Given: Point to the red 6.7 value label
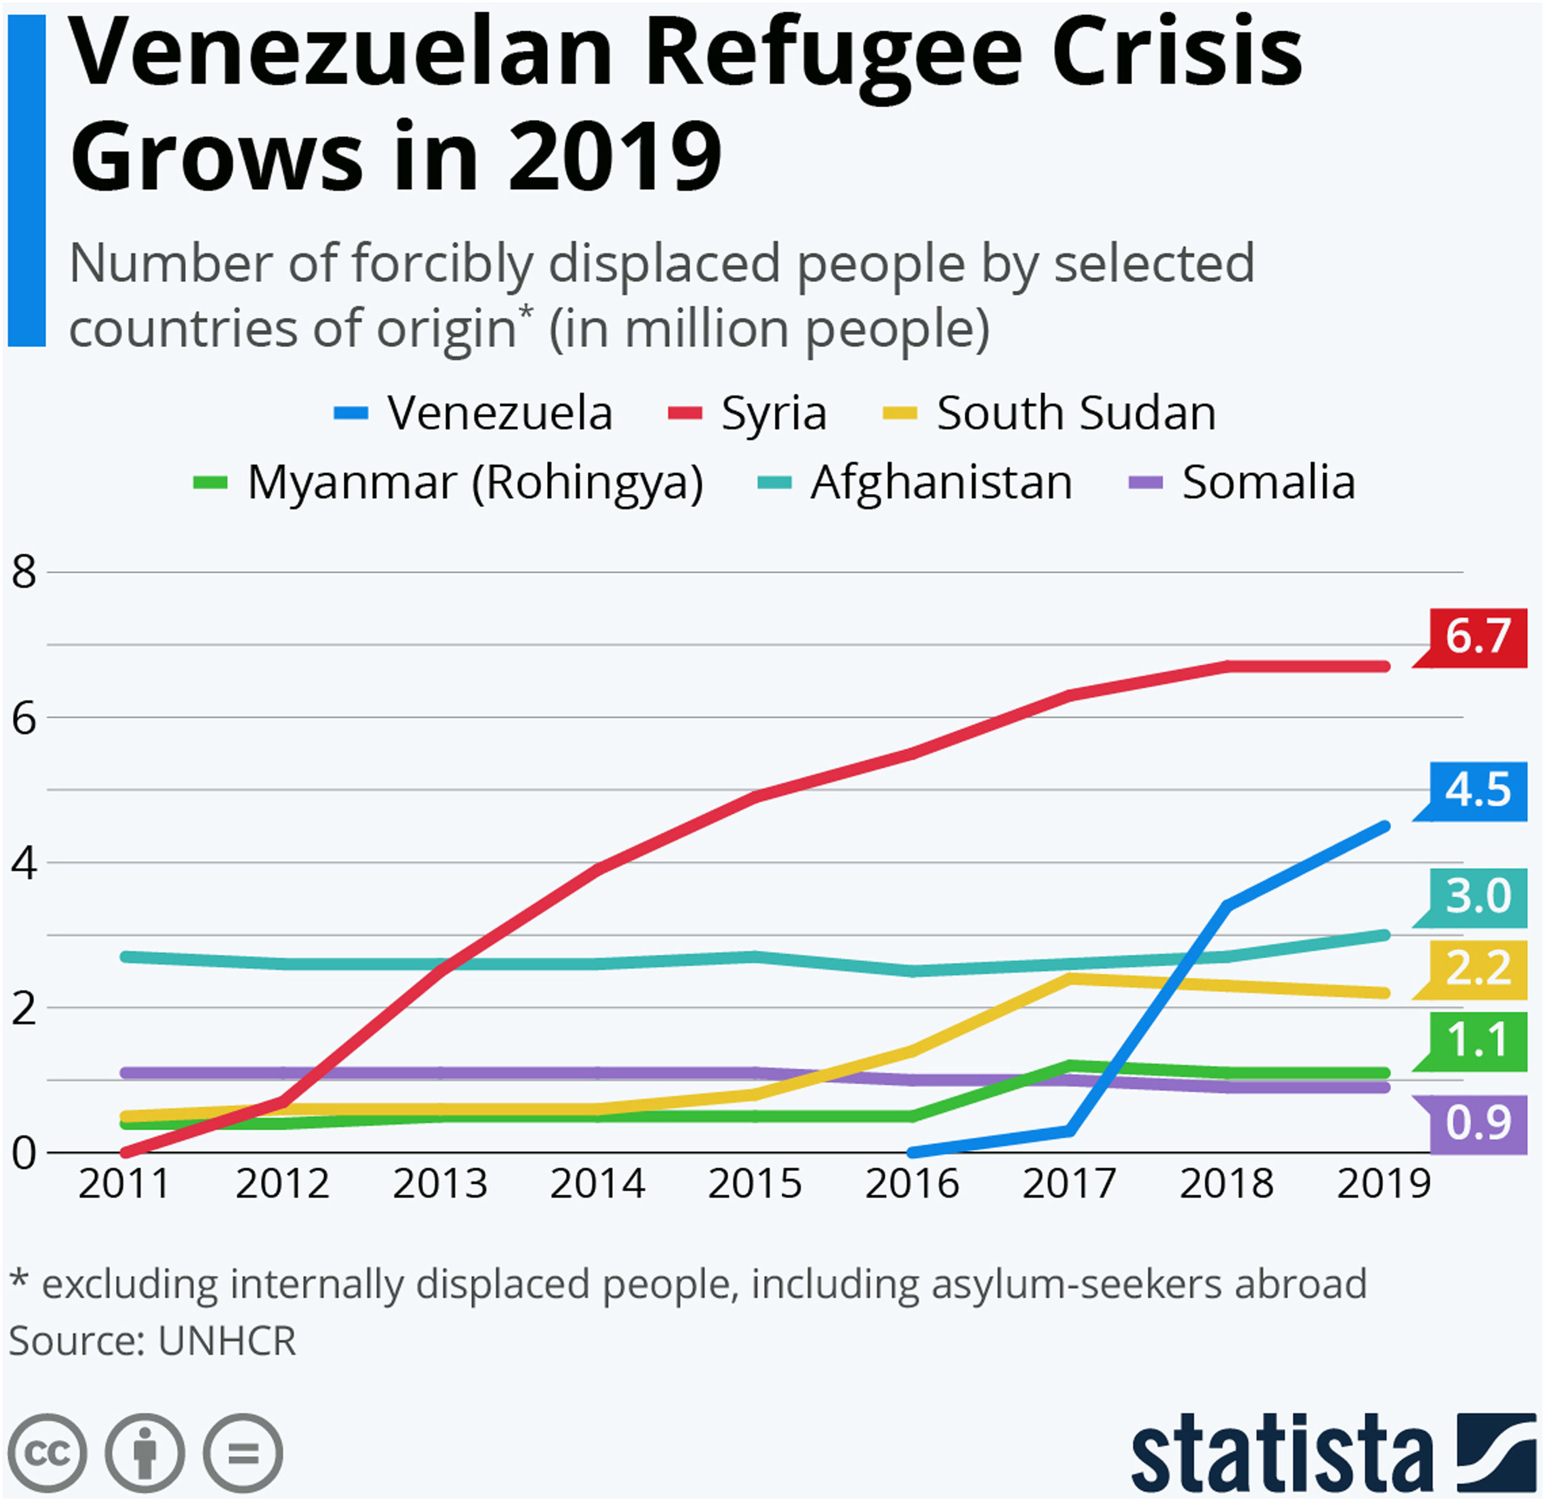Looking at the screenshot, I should tap(1477, 636).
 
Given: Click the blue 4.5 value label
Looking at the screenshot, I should tap(1477, 790).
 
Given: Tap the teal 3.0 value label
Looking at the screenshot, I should tap(1477, 896).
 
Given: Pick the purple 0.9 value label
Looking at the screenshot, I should tap(1477, 1123).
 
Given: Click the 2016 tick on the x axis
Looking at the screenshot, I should tap(912, 1184).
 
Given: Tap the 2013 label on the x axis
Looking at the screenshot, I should tap(440, 1184).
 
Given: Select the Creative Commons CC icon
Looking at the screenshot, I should tap(47, 1452).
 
